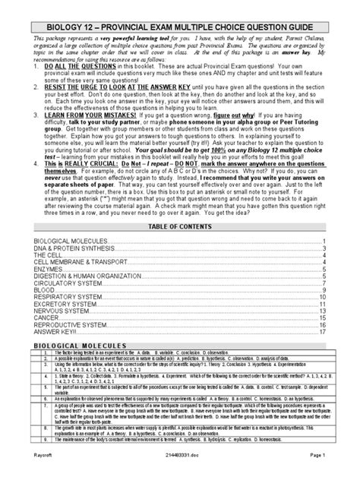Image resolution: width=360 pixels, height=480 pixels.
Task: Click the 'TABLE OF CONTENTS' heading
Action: [180, 226]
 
